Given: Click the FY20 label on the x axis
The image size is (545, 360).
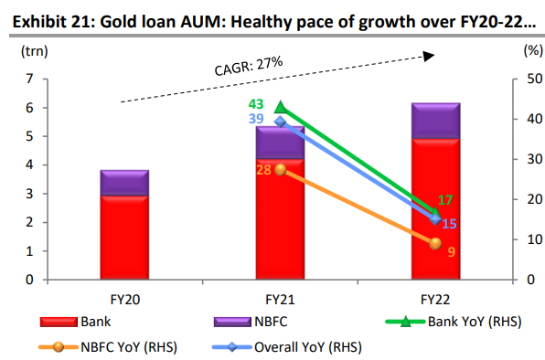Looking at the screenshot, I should click(124, 298).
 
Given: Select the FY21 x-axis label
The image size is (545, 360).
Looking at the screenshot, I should click(280, 298).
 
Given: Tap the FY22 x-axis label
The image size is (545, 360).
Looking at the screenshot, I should click(435, 298).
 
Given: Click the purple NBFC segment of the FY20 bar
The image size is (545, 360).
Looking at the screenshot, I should click(124, 183).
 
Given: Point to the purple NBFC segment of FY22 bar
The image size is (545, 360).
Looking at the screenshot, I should click(435, 121).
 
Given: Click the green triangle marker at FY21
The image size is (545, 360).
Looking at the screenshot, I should click(281, 107).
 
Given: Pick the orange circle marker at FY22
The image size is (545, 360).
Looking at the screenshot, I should click(435, 243).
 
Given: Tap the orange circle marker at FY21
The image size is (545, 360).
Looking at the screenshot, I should click(281, 169).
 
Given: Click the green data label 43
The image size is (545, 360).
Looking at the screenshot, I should click(256, 105).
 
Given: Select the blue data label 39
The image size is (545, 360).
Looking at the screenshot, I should click(256, 121).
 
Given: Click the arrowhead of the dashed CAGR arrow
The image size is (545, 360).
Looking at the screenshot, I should click(427, 57).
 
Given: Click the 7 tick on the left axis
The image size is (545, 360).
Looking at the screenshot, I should click(31, 79).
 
